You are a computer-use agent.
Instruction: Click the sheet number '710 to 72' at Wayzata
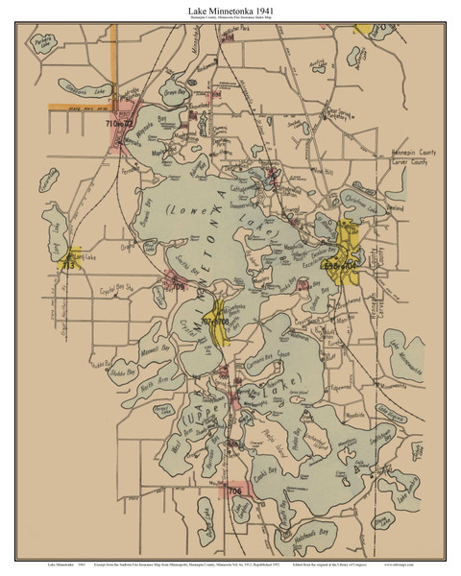point(122,124)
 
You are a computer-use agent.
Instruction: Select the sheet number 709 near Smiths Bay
point(177,285)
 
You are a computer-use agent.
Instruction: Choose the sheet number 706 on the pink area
point(234,491)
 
